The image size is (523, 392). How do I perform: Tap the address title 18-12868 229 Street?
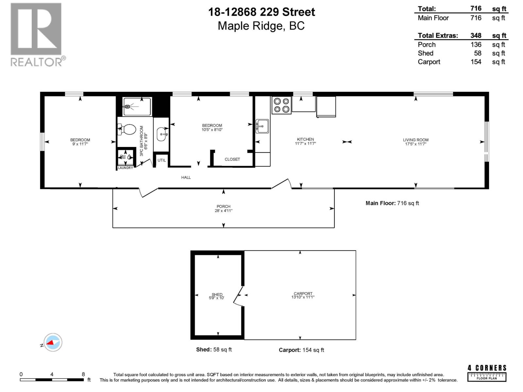click(x=261, y=12)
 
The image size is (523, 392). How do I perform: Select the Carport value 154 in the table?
click(x=476, y=62)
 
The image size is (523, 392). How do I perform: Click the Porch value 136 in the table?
click(x=476, y=44)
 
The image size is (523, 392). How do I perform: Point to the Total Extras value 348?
click(x=476, y=36)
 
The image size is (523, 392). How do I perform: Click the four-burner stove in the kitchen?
click(x=281, y=105)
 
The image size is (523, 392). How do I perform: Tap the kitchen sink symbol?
click(x=262, y=126)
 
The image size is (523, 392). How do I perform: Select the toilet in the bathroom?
click(x=127, y=129)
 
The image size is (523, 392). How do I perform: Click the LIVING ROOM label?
click(x=415, y=142)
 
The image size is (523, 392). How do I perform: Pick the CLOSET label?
click(x=232, y=159)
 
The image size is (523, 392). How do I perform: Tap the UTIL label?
click(x=161, y=160)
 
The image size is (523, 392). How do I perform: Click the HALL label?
click(x=186, y=177)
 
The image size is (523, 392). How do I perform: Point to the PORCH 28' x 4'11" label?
click(x=224, y=208)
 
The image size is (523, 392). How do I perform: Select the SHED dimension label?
click(x=217, y=296)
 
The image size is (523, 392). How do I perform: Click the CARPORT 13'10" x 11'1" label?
click(x=303, y=295)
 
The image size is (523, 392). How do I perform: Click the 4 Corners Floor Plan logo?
click(x=487, y=373)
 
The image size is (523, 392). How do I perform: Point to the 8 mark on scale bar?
click(x=83, y=374)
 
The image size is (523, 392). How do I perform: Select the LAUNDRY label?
click(x=126, y=168)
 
